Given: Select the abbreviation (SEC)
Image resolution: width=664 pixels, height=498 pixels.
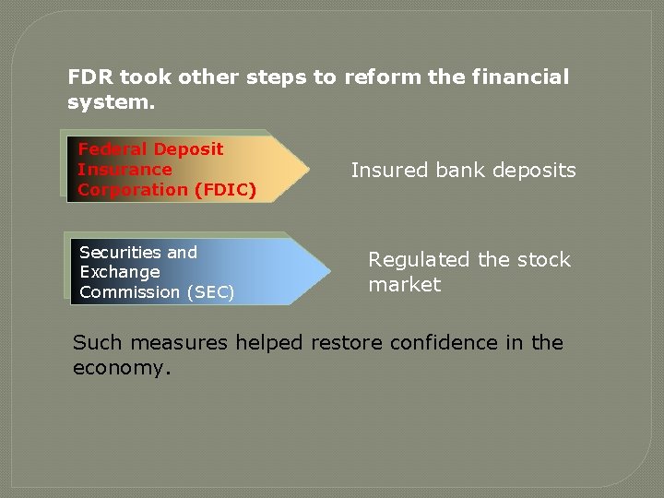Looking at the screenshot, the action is click(x=210, y=292).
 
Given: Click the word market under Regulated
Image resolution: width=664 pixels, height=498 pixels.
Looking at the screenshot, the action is click(x=404, y=285).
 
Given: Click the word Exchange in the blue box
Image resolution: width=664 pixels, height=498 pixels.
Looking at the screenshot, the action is click(x=120, y=272).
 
